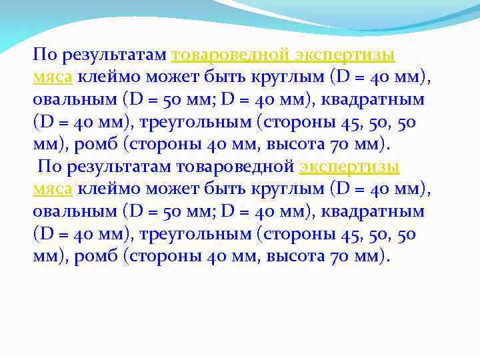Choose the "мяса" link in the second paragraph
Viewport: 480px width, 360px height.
pyautogui.click(x=53, y=189)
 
